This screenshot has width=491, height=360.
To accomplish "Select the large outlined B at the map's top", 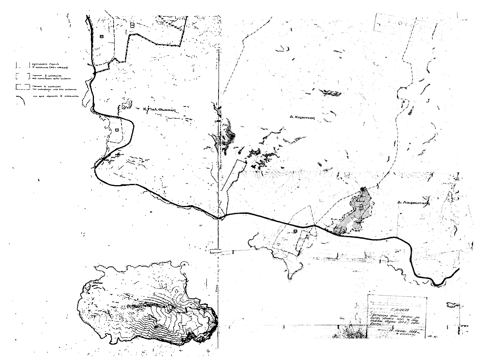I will [x=132, y=26].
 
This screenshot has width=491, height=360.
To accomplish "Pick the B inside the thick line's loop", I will [x=117, y=130].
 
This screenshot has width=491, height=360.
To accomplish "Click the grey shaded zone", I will [x=354, y=216].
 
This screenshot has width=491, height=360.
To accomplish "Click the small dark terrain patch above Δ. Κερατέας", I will [x=326, y=92].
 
